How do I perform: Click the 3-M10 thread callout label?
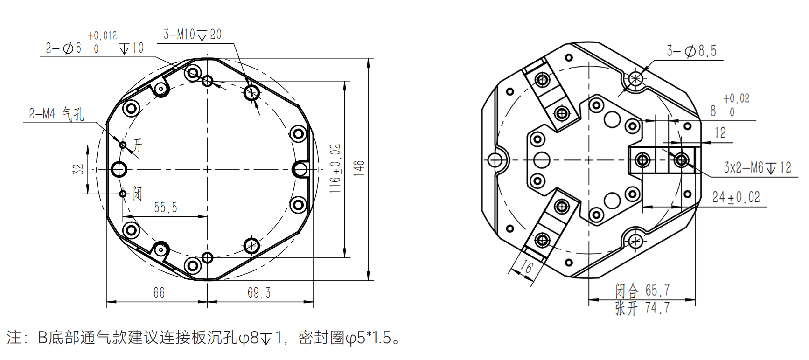192,35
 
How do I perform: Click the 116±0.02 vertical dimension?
335,168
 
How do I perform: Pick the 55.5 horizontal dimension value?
166,208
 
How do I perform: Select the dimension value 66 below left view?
159,292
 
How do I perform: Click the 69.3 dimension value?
259,292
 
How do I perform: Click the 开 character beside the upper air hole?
137,145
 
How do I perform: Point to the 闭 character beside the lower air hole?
137,194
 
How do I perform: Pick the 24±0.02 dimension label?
736,197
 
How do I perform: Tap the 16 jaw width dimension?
526,267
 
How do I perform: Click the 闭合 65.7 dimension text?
642,291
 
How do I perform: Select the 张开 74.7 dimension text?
642,308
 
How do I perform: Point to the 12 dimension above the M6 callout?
720,133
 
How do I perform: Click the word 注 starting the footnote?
14,337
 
